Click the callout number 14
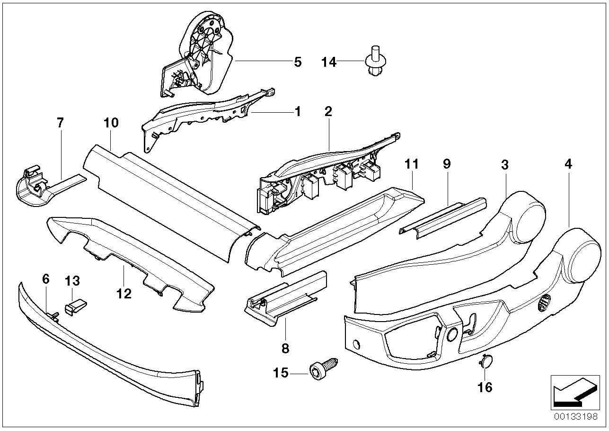329,62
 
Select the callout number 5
298,62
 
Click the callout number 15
280,373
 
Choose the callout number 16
485,387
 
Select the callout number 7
60,123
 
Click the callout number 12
124,294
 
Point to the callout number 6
45,279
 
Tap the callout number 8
285,349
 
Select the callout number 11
412,164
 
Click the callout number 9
447,164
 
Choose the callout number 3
505,164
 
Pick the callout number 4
568,164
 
